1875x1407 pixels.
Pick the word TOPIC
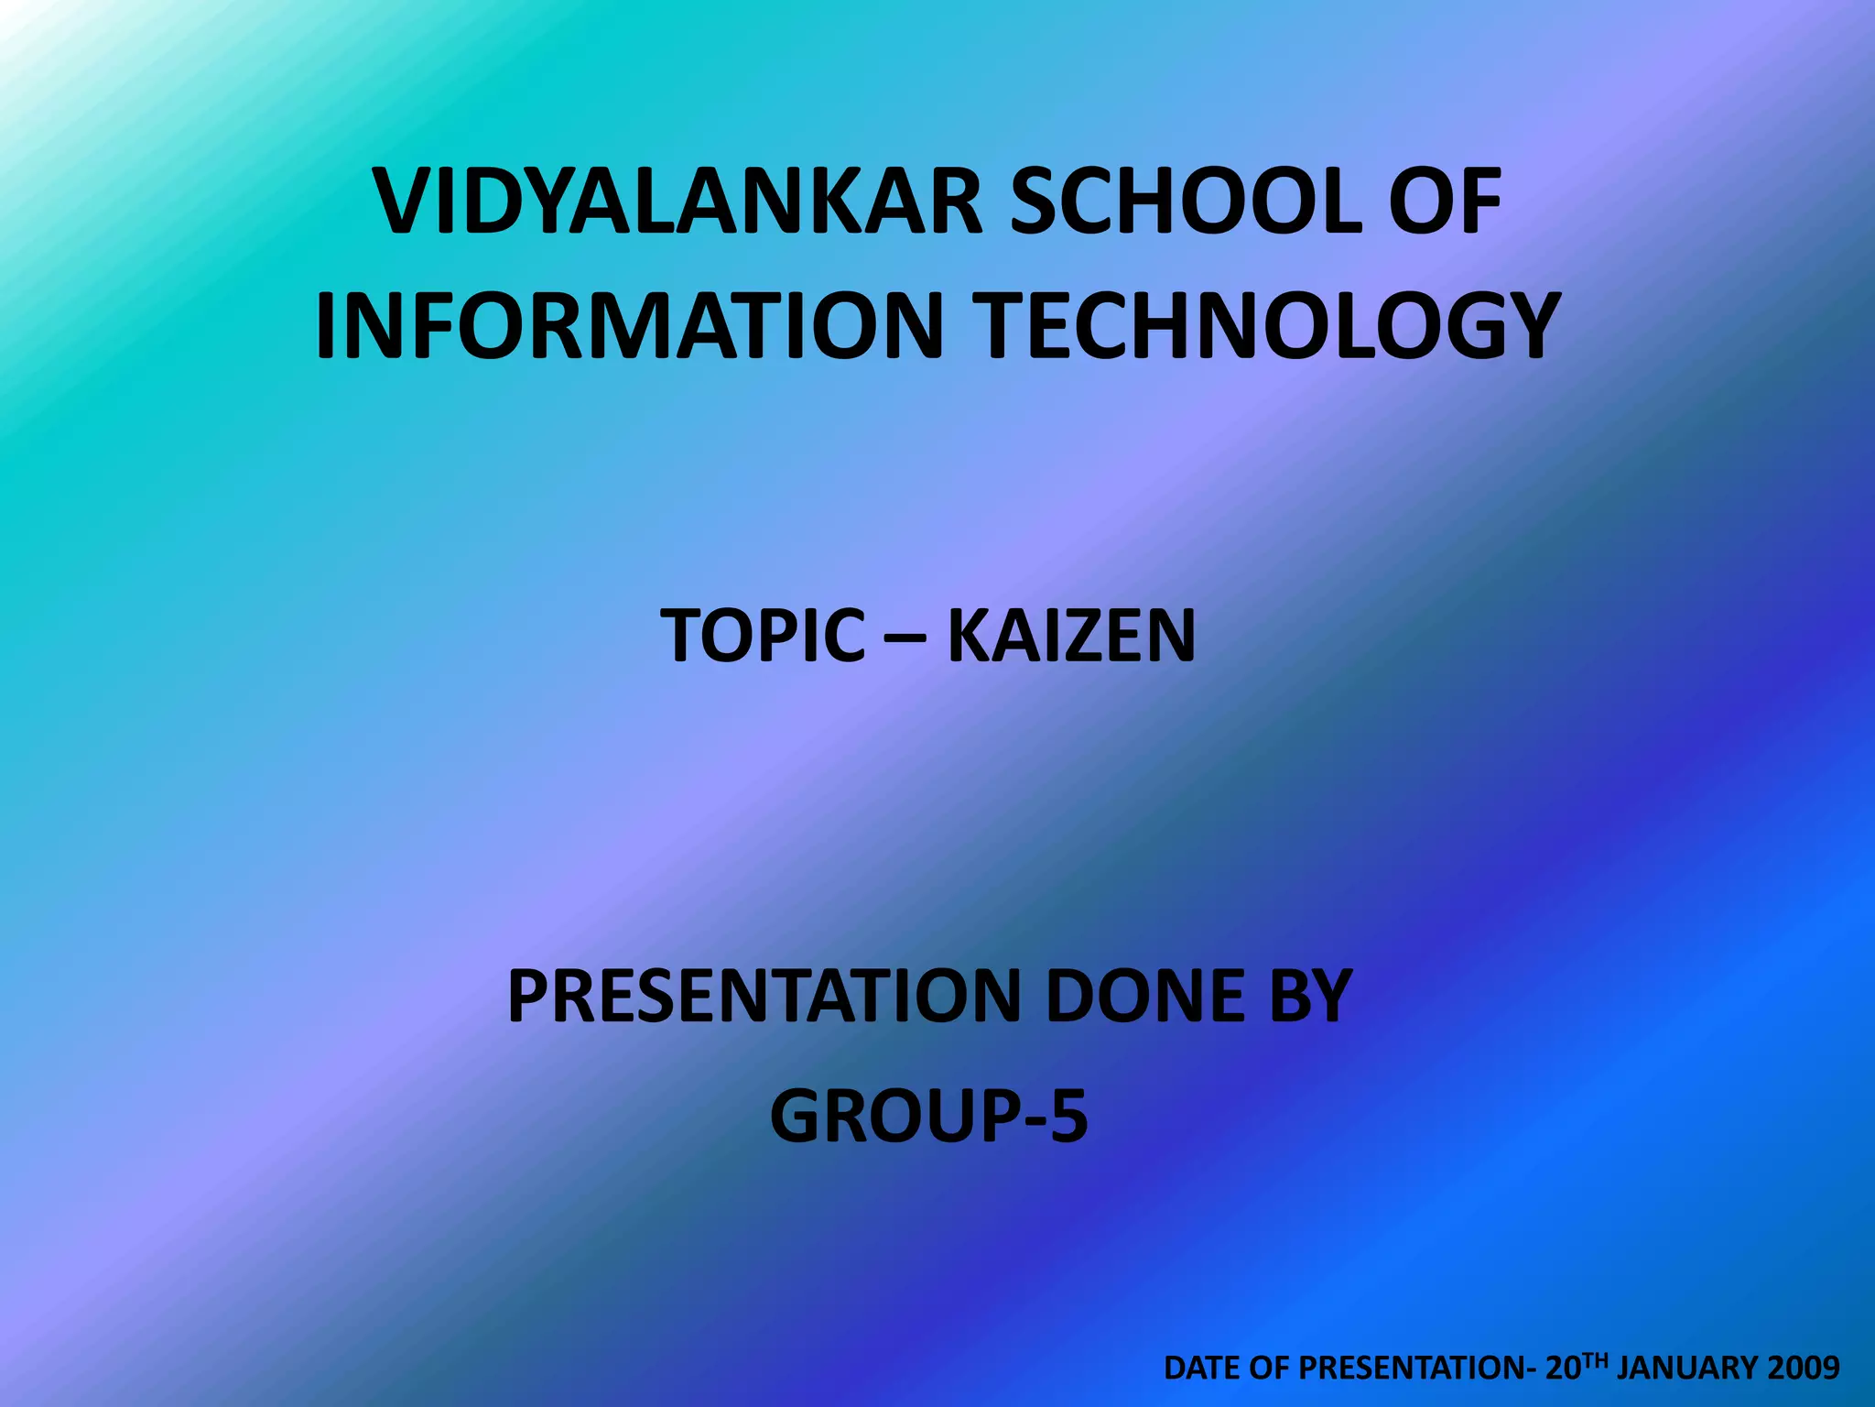[763, 636]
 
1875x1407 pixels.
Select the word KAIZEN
[1071, 636]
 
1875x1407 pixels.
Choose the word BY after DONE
[1311, 996]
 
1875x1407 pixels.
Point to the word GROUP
[892, 1117]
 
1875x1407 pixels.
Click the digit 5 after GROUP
[1068, 1117]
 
